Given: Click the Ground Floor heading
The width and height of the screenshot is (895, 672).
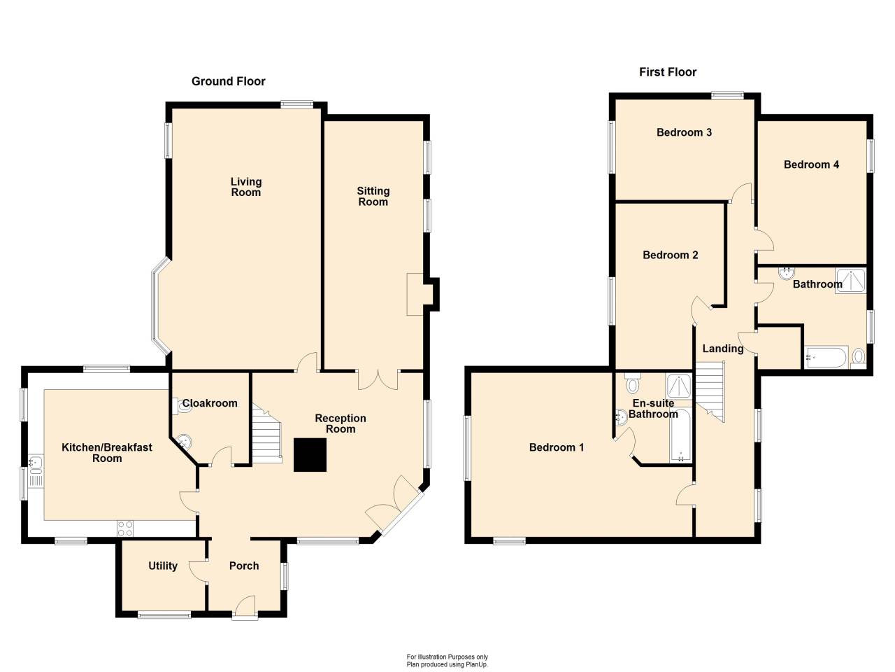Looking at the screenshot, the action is (229, 81).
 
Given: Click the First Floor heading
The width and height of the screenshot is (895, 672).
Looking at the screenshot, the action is (668, 72).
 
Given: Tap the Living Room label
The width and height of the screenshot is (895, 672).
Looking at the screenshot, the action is (246, 187).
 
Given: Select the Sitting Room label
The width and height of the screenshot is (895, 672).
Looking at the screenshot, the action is (373, 196).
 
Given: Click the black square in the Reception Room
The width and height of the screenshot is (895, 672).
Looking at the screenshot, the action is (310, 455).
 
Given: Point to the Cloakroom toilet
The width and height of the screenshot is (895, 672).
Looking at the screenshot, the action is (182, 405).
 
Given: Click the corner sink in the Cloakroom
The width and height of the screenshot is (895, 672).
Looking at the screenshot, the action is (184, 442).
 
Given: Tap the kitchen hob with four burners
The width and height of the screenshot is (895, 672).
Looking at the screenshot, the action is (125, 528).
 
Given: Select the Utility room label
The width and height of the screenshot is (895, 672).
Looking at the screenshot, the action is (163, 566).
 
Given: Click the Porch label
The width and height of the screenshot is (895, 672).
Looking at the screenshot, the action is (244, 566).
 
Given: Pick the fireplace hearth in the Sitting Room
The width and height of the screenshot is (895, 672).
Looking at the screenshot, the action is (415, 294).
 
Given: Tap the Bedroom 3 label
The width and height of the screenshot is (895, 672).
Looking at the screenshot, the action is (685, 132).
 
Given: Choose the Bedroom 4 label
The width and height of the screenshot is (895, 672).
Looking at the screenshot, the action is (811, 164).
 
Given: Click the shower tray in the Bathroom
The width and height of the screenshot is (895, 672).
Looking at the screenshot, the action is (850, 281).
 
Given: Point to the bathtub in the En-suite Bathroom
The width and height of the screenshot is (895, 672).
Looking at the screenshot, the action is (680, 436).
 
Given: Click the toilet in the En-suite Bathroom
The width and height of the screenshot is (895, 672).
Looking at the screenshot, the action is (632, 382).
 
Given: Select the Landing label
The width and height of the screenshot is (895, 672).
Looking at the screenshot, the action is (723, 349).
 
